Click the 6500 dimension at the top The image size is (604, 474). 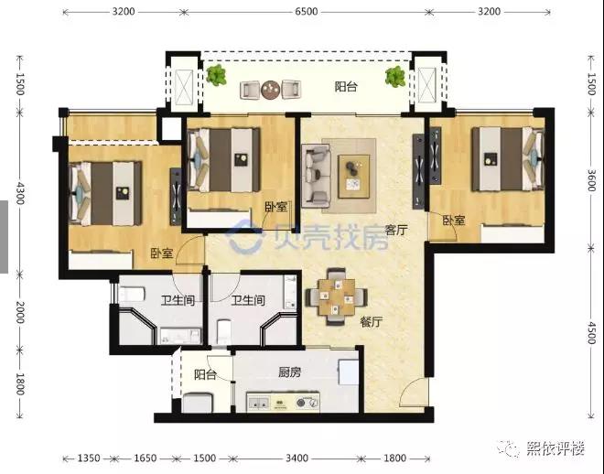307,12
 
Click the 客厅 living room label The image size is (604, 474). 395,231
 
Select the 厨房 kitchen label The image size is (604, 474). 290,372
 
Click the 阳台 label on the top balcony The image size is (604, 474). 345,88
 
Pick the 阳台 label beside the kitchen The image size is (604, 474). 205,375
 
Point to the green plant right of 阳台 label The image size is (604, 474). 395,78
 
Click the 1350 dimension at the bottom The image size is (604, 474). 88,457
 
